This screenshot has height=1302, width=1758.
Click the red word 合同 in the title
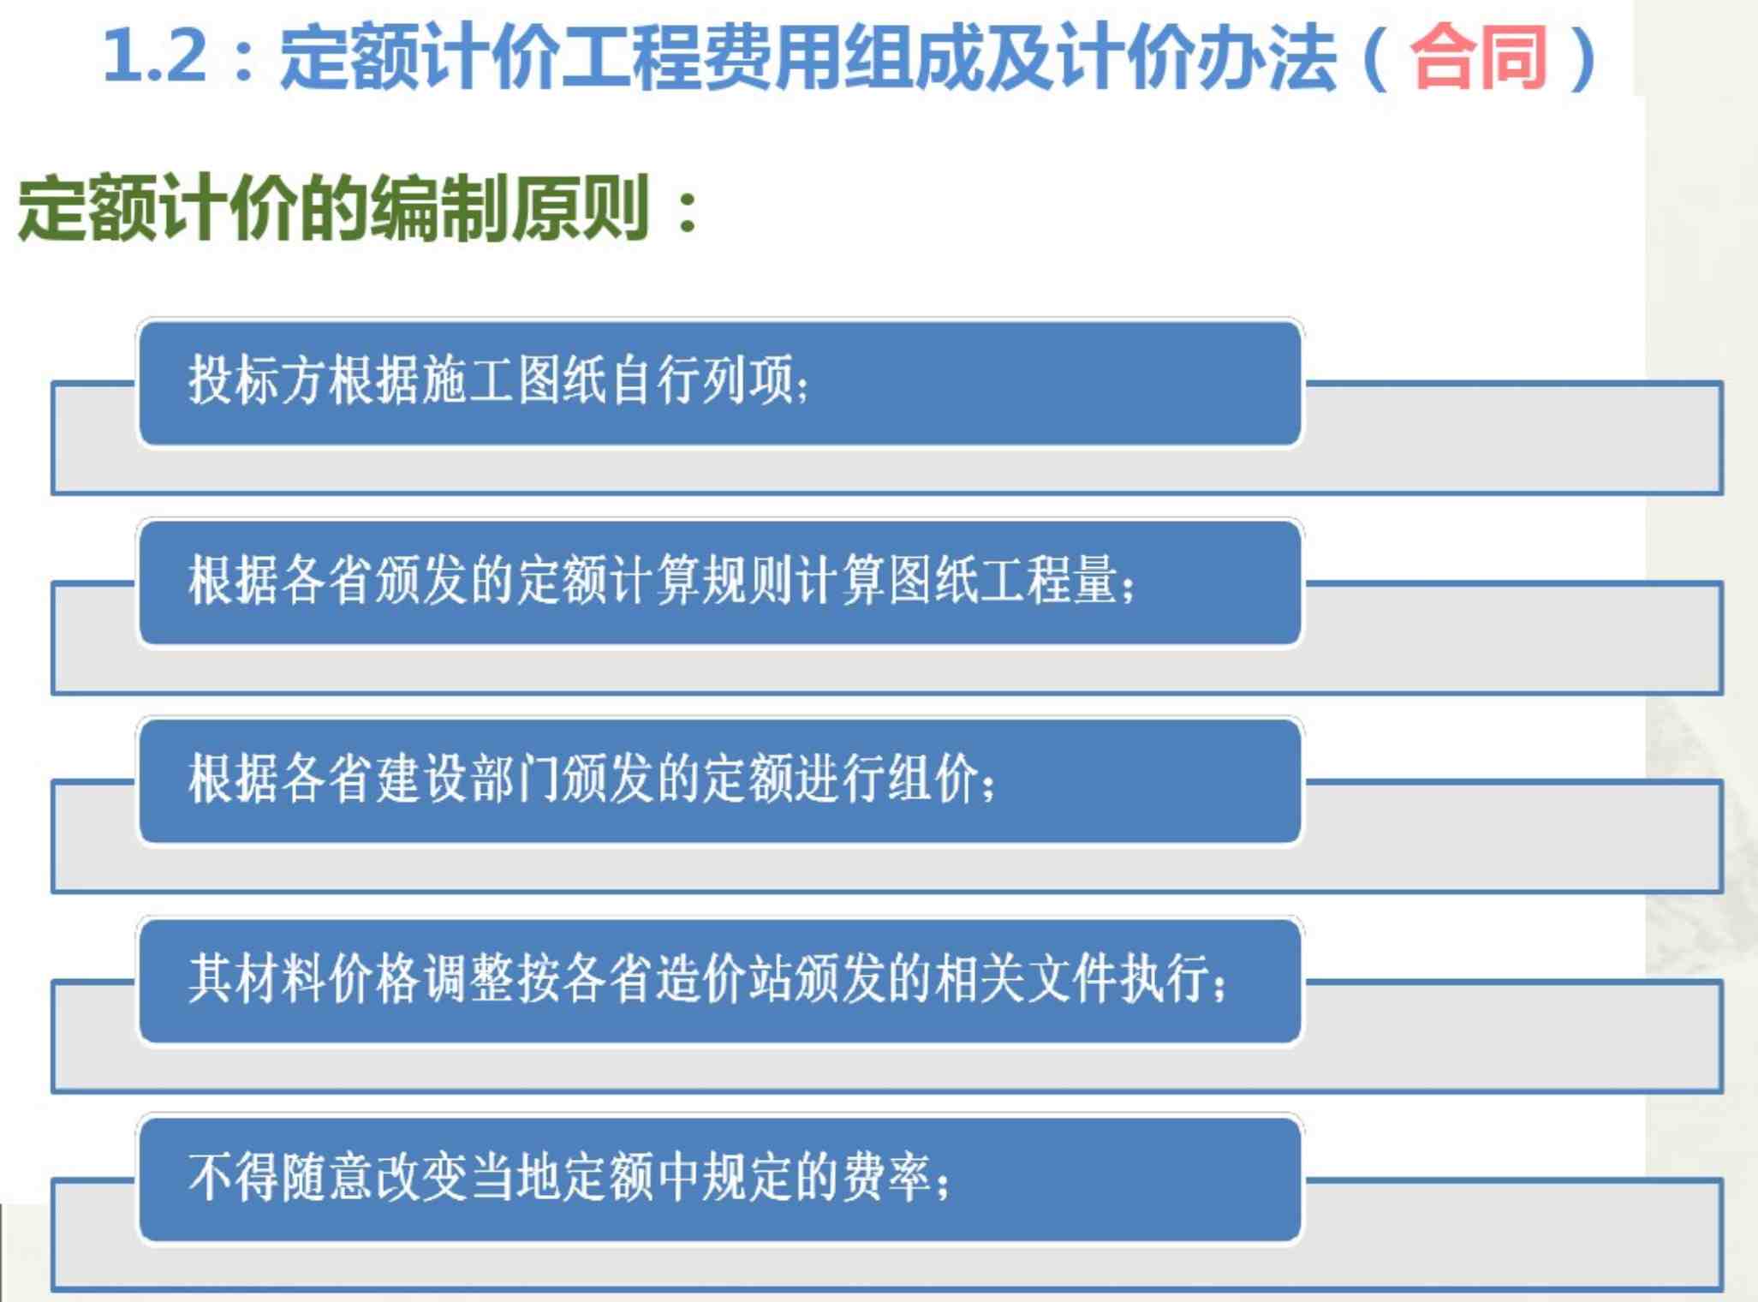point(1479,57)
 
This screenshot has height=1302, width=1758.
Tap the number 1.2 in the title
point(155,57)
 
